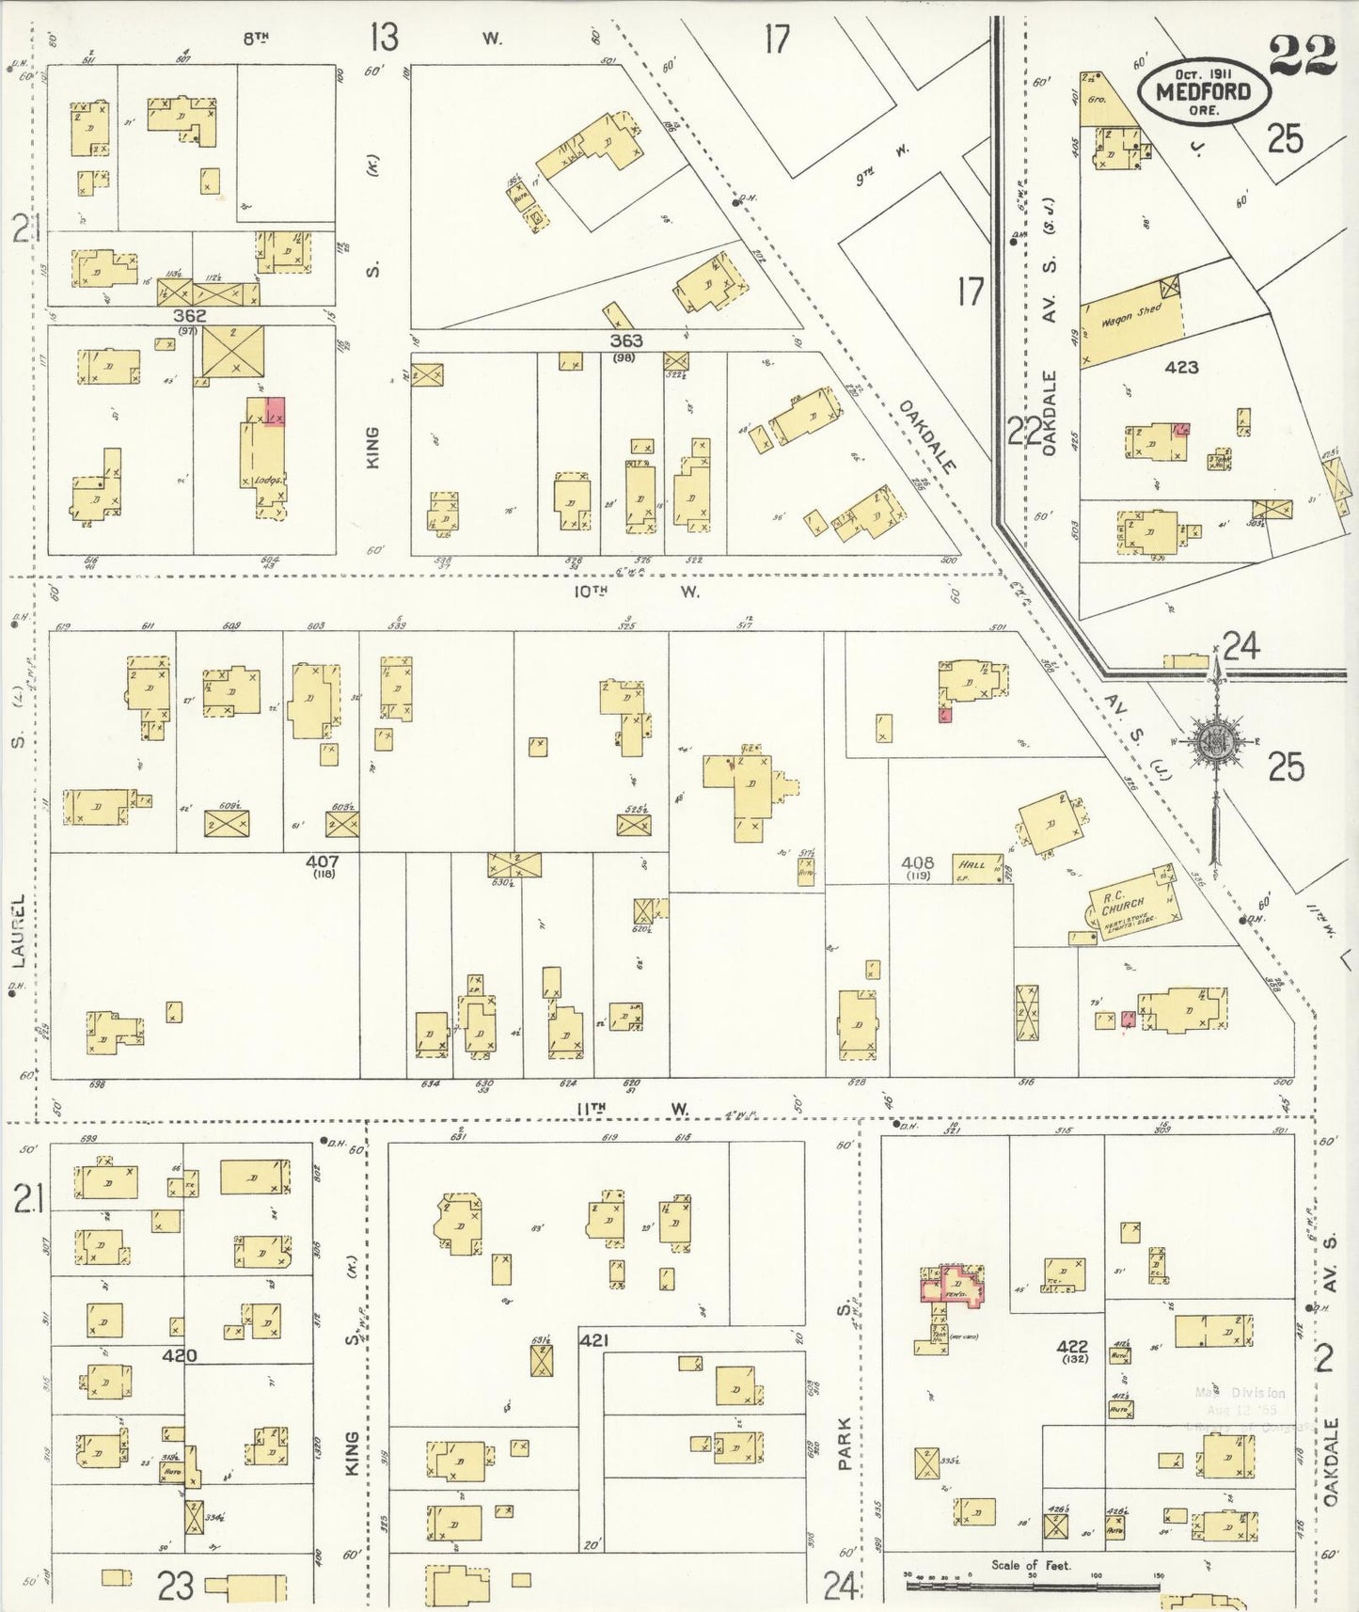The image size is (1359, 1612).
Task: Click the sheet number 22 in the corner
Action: click(x=1302, y=56)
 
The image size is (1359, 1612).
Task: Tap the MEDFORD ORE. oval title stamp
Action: click(x=1203, y=92)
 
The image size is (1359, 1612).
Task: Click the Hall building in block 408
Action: click(x=974, y=866)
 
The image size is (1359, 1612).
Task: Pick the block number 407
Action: click(x=322, y=861)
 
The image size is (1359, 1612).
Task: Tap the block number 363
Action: click(x=625, y=341)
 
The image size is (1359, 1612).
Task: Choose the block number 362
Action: click(x=189, y=317)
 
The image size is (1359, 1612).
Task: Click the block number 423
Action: click(x=1181, y=367)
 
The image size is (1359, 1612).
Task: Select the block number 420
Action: click(x=179, y=1355)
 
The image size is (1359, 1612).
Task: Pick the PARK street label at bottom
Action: click(x=845, y=1444)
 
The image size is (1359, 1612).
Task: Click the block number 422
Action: click(x=1072, y=1347)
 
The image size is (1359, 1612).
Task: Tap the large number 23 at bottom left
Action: click(x=175, y=1588)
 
